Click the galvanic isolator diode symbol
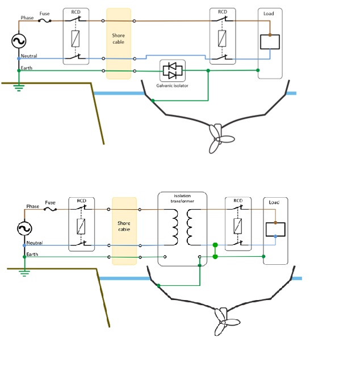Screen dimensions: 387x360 [x=172, y=70]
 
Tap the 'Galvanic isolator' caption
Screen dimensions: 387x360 [x=172, y=86]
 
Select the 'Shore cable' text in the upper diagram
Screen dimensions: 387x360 [x=118, y=39]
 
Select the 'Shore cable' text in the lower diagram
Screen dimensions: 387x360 [x=124, y=226]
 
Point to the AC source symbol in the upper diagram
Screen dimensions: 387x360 [x=19, y=41]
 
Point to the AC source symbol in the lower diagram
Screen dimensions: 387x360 [x=24, y=228]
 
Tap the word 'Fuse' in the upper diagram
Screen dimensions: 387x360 [x=44, y=14]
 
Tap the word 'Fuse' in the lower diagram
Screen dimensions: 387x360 [x=50, y=202]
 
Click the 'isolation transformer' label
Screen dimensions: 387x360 [x=182, y=198]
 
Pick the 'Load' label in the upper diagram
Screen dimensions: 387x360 [x=269, y=14]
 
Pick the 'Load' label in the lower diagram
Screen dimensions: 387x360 [x=275, y=202]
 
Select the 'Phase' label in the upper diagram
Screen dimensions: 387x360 [x=27, y=18]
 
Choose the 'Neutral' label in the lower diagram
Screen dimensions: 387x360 [x=34, y=243]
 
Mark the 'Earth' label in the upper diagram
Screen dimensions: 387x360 [x=27, y=68]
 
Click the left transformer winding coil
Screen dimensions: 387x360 [x=173, y=227]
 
